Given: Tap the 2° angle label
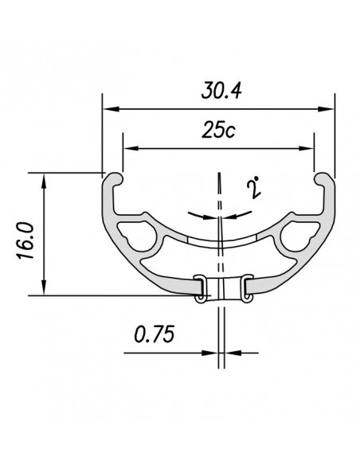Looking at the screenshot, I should point(255,189).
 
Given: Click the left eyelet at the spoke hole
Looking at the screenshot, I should point(202,287).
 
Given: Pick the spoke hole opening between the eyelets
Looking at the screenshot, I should point(223,287).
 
